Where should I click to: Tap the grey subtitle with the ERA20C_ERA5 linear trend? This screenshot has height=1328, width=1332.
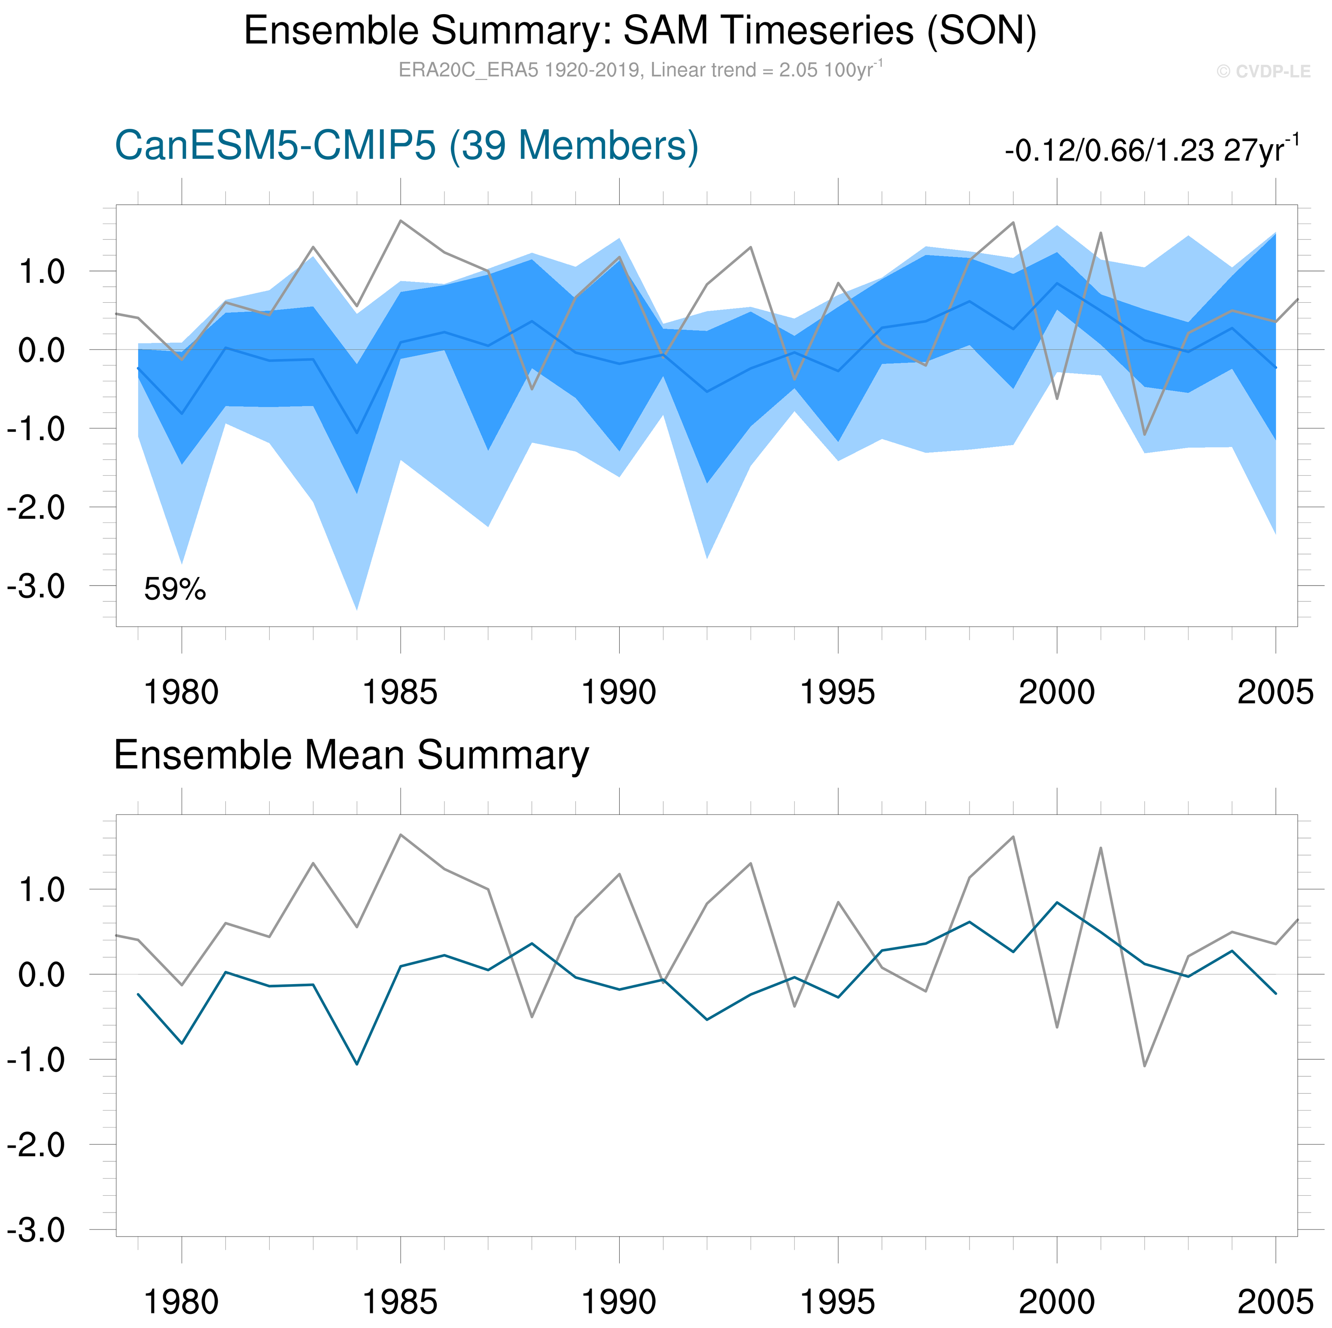[x=640, y=70]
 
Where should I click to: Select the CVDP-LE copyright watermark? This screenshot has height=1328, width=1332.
[x=1263, y=72]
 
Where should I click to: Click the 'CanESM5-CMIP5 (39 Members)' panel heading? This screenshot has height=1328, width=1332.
[x=406, y=146]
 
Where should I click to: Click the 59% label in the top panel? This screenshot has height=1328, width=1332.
[x=174, y=590]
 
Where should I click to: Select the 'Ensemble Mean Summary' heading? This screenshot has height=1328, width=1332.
[x=351, y=755]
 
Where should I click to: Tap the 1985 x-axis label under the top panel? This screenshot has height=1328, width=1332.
[x=400, y=692]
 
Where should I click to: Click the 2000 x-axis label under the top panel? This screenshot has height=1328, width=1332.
[x=1056, y=692]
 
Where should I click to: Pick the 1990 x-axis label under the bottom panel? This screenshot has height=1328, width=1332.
[x=618, y=1302]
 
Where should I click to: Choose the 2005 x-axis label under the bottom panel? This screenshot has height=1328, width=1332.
[x=1275, y=1302]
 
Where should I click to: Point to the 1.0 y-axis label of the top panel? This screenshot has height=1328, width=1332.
[x=41, y=272]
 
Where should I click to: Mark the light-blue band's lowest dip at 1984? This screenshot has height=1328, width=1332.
[x=356, y=608]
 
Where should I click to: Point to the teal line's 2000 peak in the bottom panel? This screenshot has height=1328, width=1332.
[x=1057, y=903]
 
